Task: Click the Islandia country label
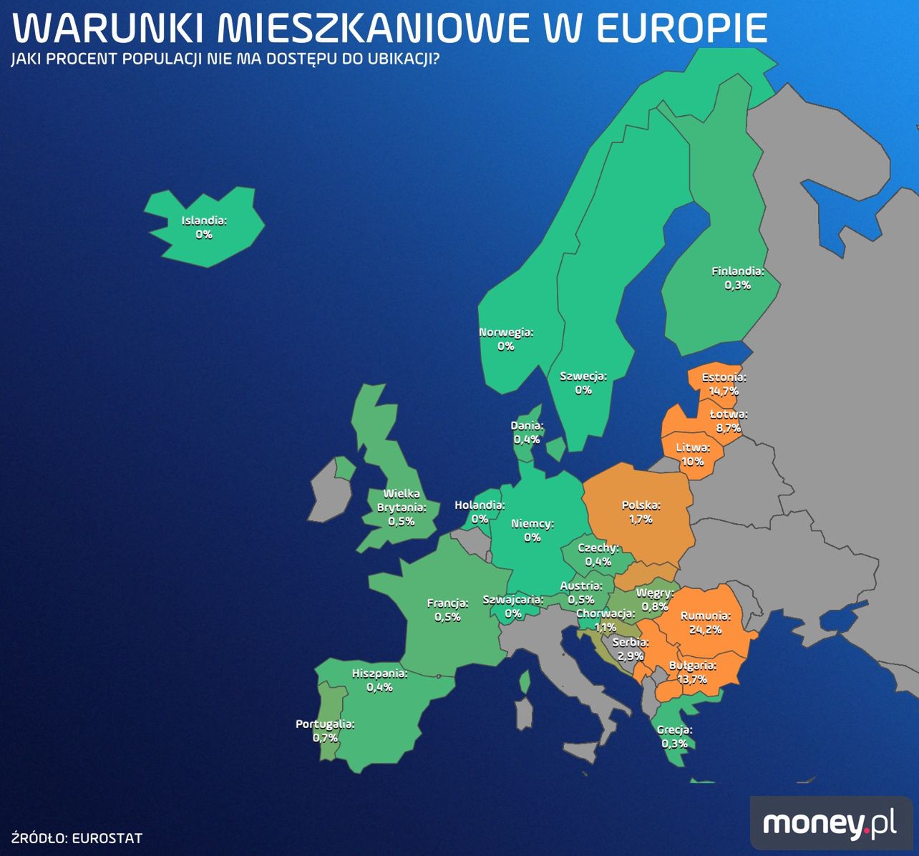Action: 203,220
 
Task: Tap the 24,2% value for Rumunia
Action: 705,630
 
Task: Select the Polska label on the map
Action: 641,505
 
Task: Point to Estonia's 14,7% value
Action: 723,391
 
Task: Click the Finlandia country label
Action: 737,271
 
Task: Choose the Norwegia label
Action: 505,332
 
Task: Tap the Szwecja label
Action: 583,376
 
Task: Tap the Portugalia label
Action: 325,724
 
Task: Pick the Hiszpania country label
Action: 379,673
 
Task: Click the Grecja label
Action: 674,730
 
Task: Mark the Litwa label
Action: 693,448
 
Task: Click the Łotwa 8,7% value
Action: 728,428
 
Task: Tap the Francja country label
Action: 447,603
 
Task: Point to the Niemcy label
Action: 532,524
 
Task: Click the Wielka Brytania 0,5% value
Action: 401,521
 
